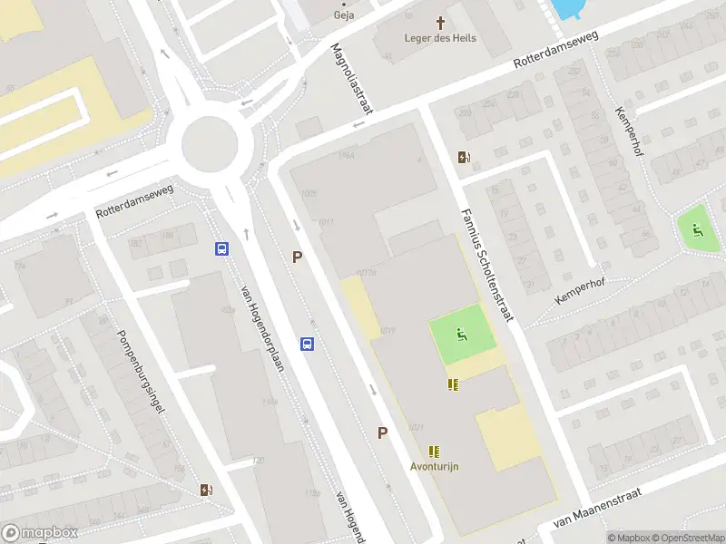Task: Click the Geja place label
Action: click(344, 15)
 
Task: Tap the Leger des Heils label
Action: click(440, 38)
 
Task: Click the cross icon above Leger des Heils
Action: click(441, 22)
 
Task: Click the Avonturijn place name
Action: click(435, 466)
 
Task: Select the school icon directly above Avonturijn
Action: click(435, 451)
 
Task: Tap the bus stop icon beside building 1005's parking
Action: click(308, 344)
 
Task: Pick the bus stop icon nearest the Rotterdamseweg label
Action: click(221, 248)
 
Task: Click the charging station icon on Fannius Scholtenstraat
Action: click(465, 158)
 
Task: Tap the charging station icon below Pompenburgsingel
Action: click(207, 491)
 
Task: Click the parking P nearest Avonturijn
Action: click(383, 433)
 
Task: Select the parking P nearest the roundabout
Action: click(297, 257)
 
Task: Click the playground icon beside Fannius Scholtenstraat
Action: click(461, 336)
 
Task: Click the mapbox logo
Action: click(39, 533)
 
